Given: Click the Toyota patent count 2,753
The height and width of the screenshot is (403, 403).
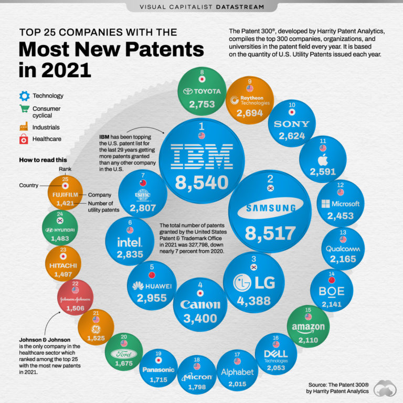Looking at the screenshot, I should tap(202, 104).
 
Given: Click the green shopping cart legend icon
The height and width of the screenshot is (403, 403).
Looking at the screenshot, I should tap(24, 109).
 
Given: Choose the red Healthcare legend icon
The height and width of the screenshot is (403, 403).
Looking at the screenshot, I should tap(24, 139).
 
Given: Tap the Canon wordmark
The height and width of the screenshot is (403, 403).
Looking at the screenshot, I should tap(200, 304).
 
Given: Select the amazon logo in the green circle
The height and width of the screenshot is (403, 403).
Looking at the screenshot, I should tap(308, 327).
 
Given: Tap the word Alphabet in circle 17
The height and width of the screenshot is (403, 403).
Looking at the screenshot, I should tap(237, 372).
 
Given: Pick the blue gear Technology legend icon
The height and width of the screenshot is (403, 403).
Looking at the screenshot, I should tap(24, 96).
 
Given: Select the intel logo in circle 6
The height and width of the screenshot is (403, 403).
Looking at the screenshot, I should tap(130, 242).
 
